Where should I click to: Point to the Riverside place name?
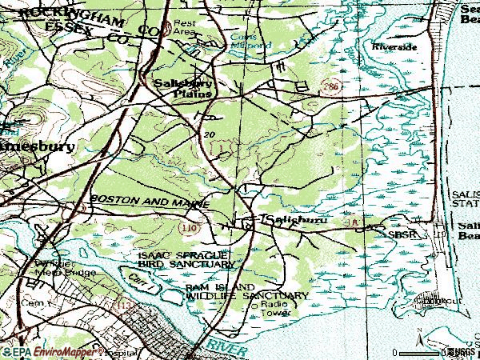(x=394, y=47)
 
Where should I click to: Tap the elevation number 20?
(x=210, y=134)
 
